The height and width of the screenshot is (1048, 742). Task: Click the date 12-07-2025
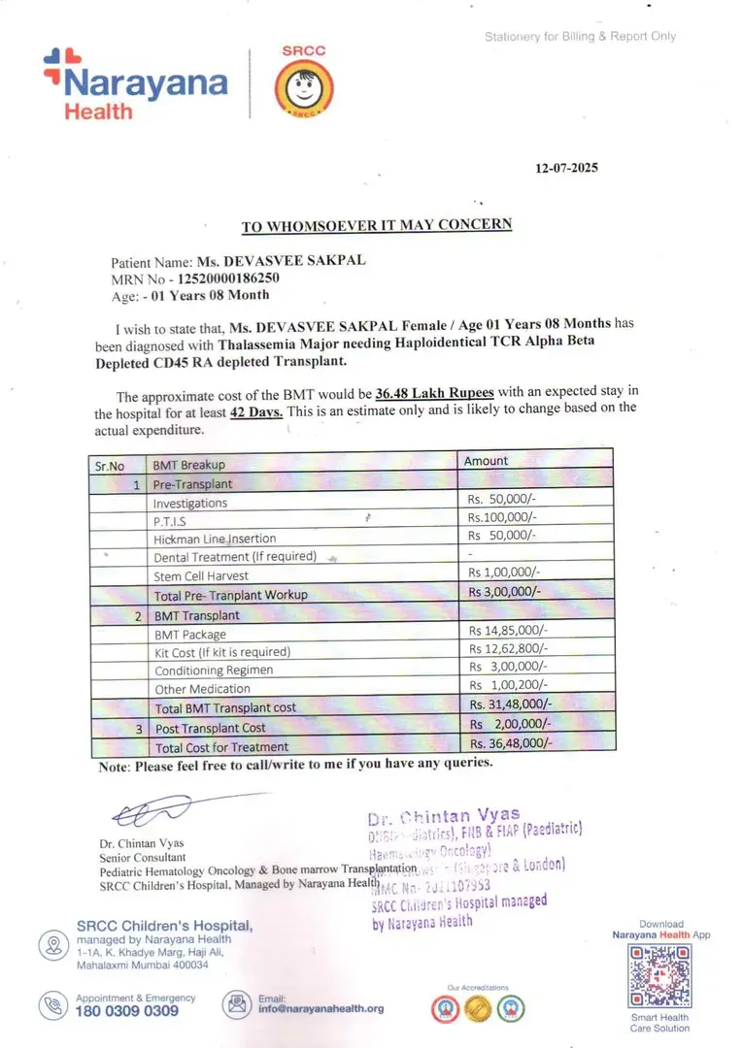(567, 168)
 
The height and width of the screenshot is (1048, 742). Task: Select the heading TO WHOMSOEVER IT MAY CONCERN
(376, 225)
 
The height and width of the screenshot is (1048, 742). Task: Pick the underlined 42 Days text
(256, 411)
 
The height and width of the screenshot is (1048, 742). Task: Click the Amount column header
(486, 461)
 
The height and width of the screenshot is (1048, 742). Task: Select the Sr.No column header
(110, 465)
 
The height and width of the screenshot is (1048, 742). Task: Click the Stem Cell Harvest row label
(201, 575)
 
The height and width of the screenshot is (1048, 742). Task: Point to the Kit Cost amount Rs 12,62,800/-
(508, 649)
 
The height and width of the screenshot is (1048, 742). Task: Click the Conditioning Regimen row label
(214, 671)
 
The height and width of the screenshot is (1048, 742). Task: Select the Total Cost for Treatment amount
(511, 743)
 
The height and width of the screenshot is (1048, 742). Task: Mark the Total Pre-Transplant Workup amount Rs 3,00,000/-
(505, 592)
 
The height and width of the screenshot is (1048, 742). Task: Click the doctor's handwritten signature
(151, 811)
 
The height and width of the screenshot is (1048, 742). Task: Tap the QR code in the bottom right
(660, 975)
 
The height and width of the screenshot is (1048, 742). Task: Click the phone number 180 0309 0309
(127, 1010)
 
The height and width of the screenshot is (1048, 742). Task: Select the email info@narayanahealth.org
(320, 1008)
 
